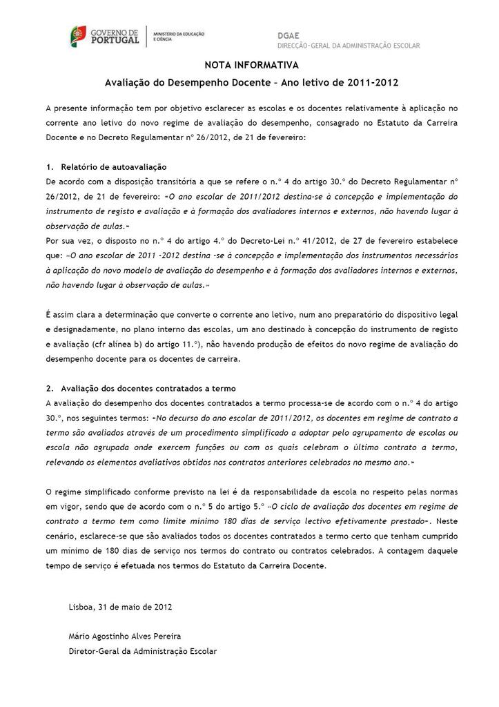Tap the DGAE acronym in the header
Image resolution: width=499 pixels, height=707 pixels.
click(290, 35)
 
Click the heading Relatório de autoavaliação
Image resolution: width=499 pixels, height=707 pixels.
click(113, 168)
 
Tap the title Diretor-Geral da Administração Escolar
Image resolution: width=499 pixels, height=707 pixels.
click(142, 650)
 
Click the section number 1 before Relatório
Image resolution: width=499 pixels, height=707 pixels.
click(48, 168)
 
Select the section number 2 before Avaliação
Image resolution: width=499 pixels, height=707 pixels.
click(48, 389)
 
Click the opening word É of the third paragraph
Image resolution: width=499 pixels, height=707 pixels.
click(48, 315)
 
